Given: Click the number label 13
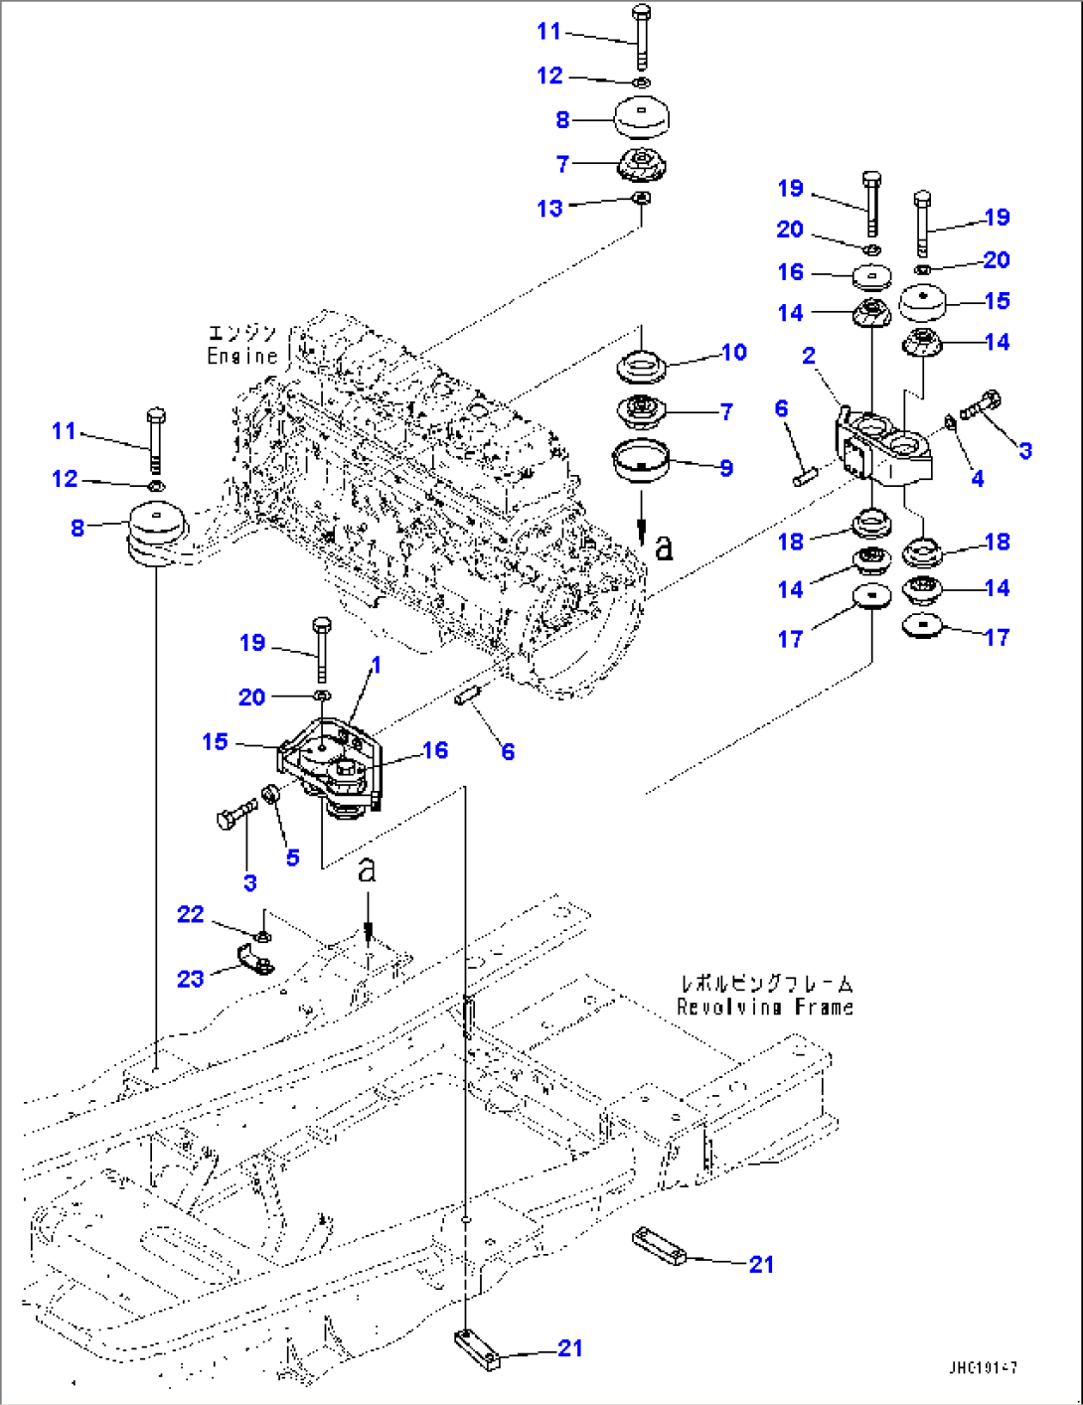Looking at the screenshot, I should tap(549, 209).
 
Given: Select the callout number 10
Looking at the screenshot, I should tap(733, 353).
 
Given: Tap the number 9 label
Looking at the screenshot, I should tap(726, 468).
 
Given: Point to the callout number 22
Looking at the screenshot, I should tap(191, 914).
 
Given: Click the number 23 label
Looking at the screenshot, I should tap(191, 979).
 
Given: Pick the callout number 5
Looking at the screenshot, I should tap(292, 858).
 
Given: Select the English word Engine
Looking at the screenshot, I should tap(242, 356).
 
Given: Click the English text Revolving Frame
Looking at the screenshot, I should tap(765, 1008).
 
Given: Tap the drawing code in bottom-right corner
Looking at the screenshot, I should tap(983, 1368).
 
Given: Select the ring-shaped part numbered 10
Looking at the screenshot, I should tap(641, 367).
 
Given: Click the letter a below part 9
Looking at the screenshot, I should tap(663, 546).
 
